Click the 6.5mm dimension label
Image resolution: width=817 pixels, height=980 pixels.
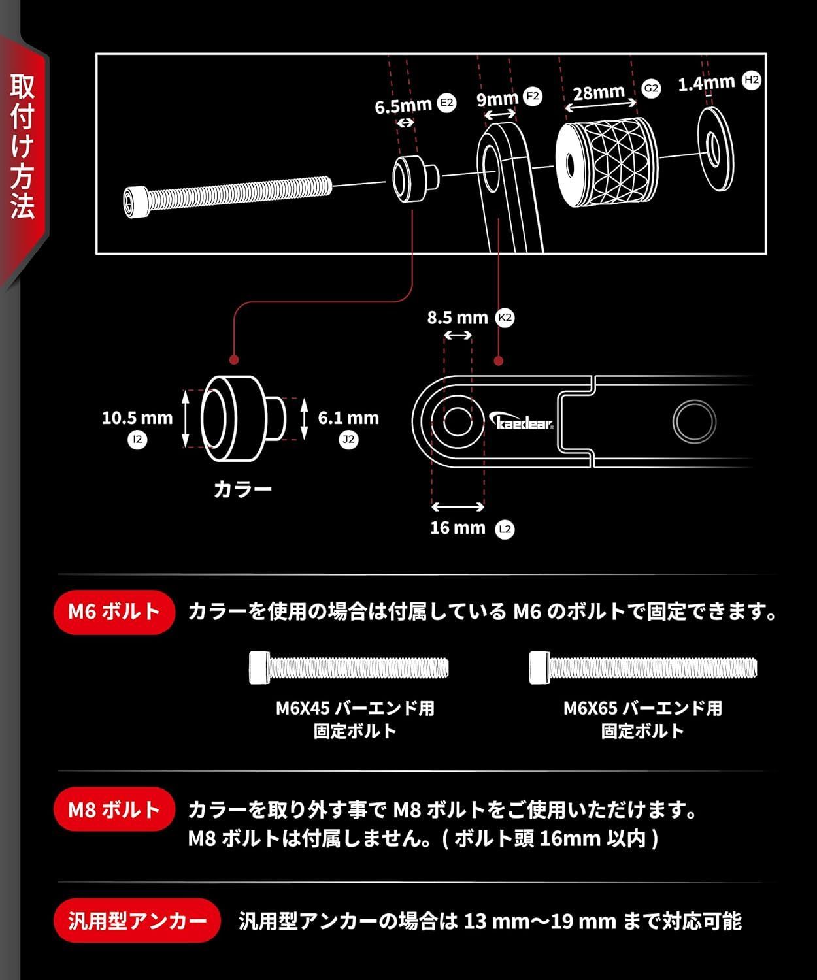(x=403, y=106)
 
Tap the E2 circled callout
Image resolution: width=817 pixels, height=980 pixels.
(x=446, y=103)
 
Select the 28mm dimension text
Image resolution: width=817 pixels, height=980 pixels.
(x=599, y=93)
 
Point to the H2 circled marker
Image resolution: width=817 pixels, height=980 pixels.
(x=752, y=80)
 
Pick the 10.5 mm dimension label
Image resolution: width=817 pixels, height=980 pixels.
(x=137, y=418)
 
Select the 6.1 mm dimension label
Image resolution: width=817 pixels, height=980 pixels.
(x=348, y=418)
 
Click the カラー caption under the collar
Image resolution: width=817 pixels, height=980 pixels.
(x=242, y=489)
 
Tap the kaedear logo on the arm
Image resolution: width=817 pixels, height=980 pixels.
(x=523, y=422)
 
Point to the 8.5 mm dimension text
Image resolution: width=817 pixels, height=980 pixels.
(x=458, y=318)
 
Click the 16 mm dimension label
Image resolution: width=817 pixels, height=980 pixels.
(x=458, y=528)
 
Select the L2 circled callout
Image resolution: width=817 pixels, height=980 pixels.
(x=505, y=529)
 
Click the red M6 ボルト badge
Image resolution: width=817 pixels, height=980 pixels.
(x=114, y=612)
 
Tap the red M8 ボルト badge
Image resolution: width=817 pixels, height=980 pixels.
(x=114, y=809)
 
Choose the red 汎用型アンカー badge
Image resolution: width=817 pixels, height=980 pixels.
(x=137, y=921)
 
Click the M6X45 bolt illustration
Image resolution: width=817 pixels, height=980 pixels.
(x=349, y=668)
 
